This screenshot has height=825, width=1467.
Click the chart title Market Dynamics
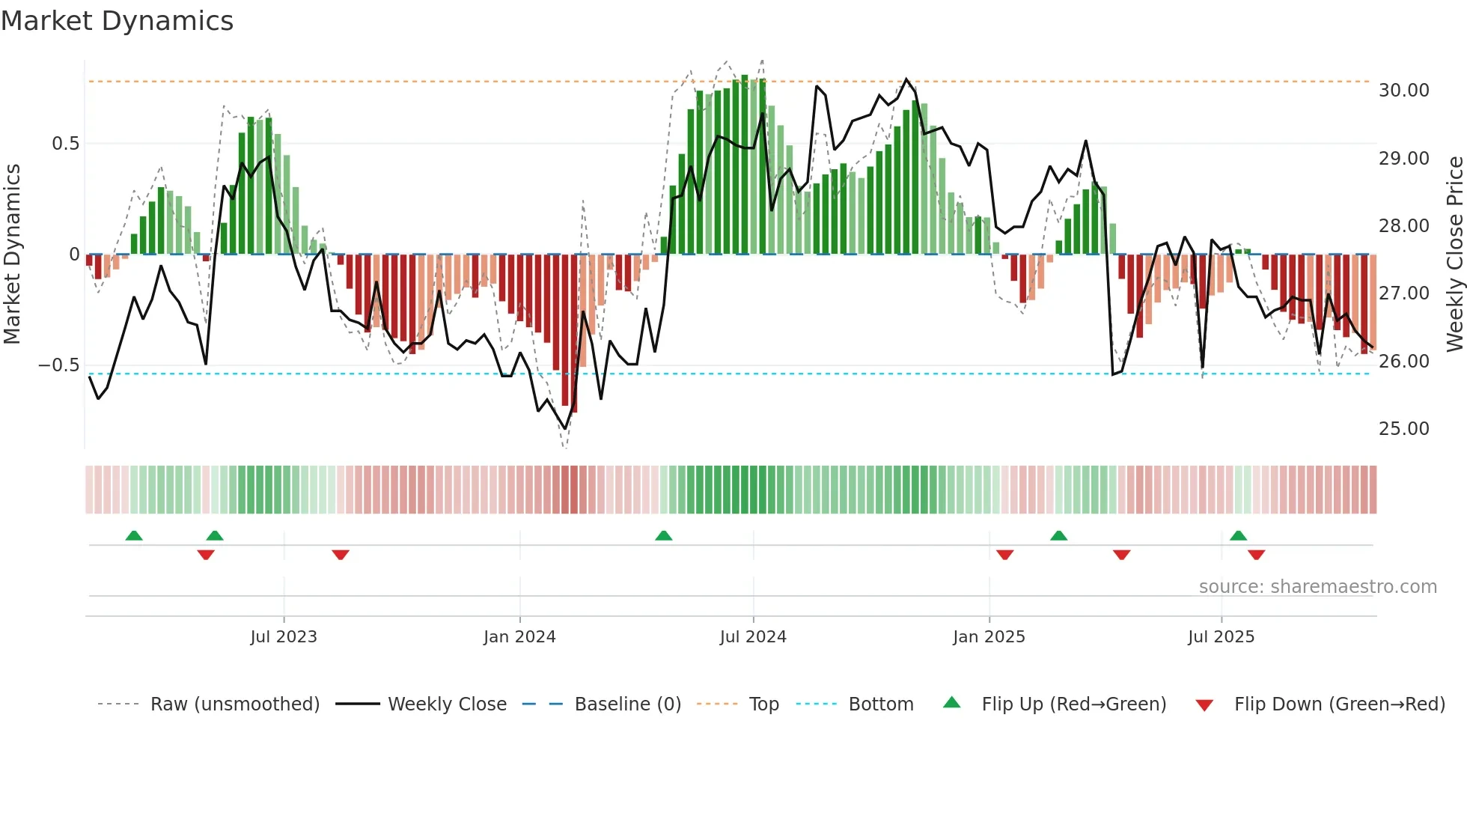118,21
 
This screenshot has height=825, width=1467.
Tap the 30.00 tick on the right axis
1403,91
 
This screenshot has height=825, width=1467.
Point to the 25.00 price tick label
1403,429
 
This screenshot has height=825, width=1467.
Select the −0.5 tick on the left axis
58,365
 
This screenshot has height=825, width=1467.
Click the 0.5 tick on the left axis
65,144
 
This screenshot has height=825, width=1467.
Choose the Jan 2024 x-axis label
519,637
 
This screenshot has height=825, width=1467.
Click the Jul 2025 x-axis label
1221,637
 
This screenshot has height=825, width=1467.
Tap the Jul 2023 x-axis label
284,637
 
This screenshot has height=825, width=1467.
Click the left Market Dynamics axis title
13,255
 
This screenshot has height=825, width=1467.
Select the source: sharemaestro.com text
1317,587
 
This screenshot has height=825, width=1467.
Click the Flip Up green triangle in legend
951,703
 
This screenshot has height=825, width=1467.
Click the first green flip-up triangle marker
134,536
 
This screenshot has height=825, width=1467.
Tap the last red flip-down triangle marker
1256,555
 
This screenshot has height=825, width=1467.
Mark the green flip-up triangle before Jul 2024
663,536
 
